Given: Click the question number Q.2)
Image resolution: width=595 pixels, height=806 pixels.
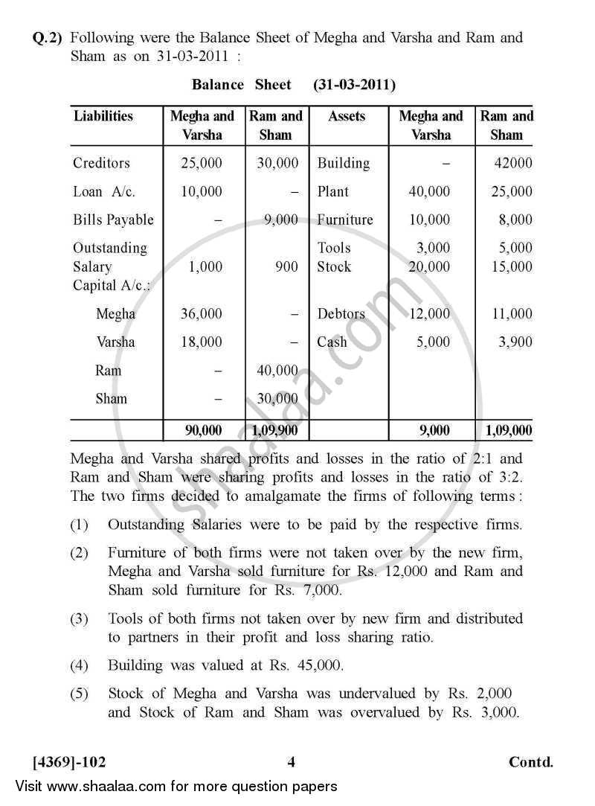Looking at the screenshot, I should tap(48, 37).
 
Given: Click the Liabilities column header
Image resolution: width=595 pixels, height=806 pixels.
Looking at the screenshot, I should tap(103, 116).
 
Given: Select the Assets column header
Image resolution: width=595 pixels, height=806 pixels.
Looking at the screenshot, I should tap(347, 116).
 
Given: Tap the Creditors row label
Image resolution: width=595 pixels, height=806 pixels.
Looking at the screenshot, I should tap(101, 163).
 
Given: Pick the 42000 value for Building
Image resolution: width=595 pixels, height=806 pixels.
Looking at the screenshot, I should tap(513, 163).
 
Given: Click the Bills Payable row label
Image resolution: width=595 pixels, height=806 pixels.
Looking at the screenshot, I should tap(113, 220).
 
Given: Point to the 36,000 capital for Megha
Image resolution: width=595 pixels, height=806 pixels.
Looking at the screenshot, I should tap(201, 313).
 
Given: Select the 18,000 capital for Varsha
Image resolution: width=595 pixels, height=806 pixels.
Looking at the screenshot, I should tap(201, 342).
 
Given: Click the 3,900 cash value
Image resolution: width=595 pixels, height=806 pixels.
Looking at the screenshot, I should tap(515, 342).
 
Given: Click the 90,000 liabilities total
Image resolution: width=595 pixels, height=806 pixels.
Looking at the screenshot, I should tap(202, 430).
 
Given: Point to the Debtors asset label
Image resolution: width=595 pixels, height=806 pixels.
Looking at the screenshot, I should tap(341, 313).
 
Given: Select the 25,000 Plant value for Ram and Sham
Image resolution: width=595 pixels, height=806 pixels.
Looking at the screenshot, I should tap(512, 191).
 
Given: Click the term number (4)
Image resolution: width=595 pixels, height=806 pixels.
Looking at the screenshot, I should tap(80, 665).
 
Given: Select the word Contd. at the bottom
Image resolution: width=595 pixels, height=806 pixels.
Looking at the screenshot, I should tap(531, 762).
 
